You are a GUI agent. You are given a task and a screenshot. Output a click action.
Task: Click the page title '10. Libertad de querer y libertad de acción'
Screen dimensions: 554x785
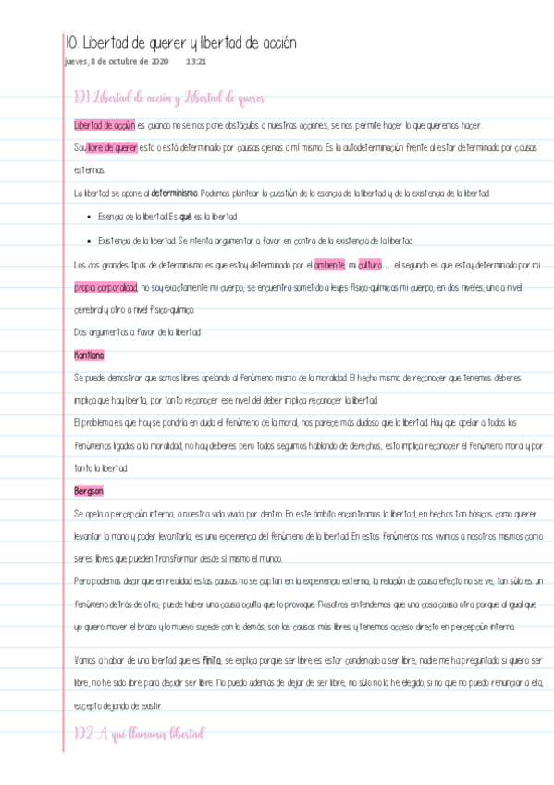tap(181, 43)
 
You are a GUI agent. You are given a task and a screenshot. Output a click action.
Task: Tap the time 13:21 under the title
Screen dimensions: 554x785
tap(195, 62)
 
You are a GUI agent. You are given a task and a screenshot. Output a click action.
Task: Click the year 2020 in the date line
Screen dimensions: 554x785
tap(159, 62)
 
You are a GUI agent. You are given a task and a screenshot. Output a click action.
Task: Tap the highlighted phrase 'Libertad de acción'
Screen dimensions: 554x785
tap(105, 125)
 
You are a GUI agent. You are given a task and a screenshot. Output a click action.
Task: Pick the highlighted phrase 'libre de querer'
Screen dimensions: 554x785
tap(112, 147)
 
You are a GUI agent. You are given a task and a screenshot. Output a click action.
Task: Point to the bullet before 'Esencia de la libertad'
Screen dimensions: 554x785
tap(87, 217)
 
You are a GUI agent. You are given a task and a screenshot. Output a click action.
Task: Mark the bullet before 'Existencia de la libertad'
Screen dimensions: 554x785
tap(87, 240)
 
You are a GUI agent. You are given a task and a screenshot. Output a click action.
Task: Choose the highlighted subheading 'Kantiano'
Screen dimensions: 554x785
tap(89, 355)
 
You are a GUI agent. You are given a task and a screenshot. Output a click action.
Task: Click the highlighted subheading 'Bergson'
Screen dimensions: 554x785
tap(89, 491)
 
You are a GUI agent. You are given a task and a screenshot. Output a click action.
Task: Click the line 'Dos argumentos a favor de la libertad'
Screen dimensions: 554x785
tap(137, 332)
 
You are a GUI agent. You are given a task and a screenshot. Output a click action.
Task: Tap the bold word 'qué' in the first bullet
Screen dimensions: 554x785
tap(185, 217)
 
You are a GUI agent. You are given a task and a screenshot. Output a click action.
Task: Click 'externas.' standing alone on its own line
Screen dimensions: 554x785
tap(90, 170)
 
